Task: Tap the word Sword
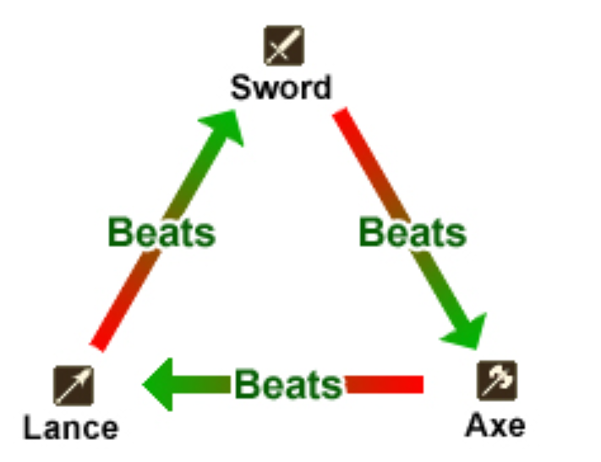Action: (282, 87)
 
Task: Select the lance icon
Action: (74, 385)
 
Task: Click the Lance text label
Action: (71, 427)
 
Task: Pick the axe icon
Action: (496, 381)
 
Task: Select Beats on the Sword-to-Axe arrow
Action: (413, 231)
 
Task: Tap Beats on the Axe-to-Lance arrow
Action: (287, 385)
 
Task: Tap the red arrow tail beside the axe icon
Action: (410, 385)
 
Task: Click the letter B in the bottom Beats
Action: (248, 385)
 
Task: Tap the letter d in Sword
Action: (321, 87)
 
